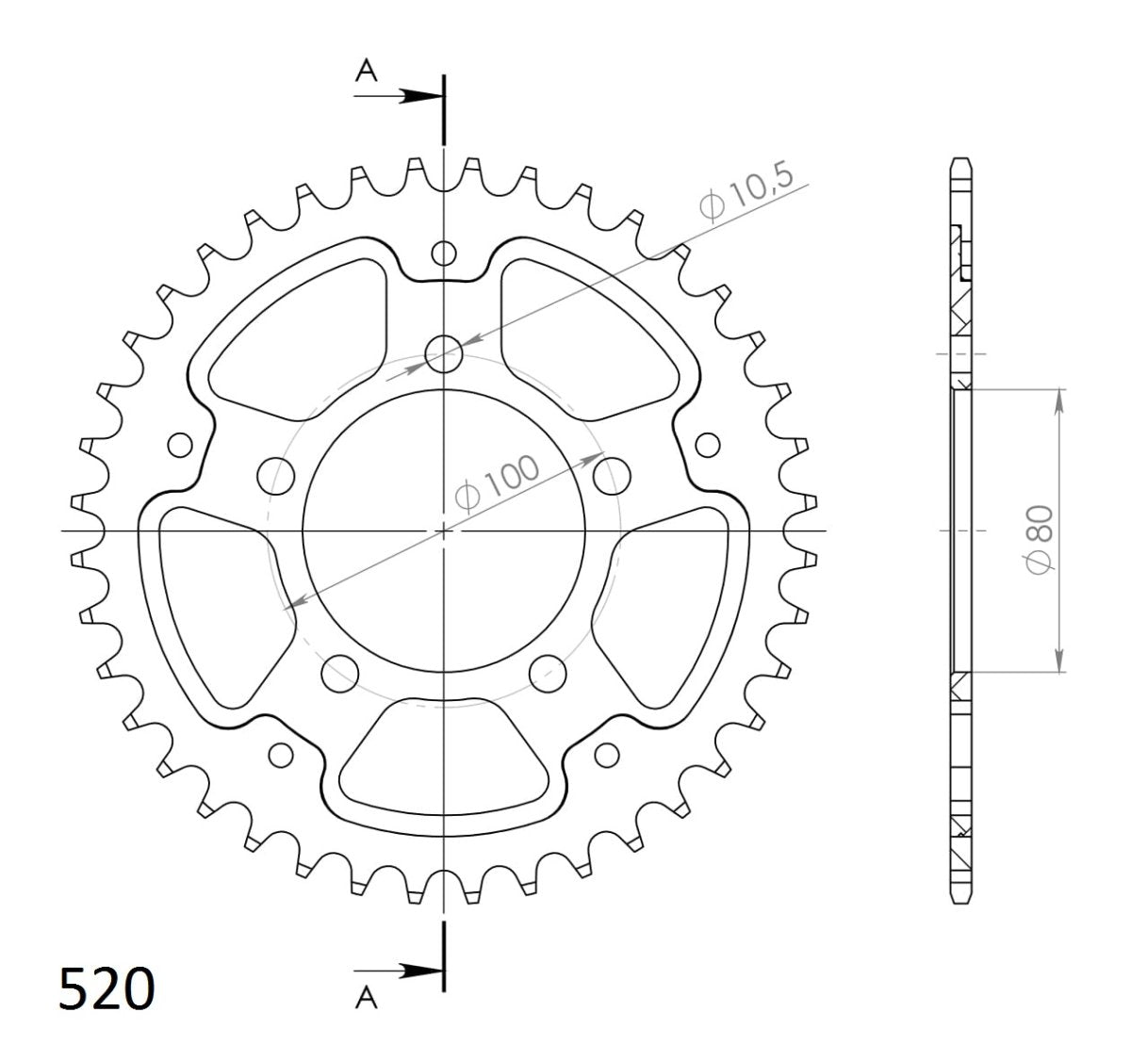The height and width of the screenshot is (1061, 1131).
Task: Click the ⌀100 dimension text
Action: pyautogui.click(x=497, y=481)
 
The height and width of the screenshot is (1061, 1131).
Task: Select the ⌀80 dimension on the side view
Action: pyautogui.click(x=1037, y=536)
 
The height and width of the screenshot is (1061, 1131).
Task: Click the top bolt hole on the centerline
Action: pyautogui.click(x=443, y=355)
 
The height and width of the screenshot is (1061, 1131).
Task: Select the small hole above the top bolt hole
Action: pyautogui.click(x=443, y=253)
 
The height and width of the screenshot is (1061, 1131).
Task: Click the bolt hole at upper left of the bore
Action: pyautogui.click(x=275, y=474)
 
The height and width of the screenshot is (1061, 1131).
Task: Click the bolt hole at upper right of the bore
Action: pyautogui.click(x=613, y=472)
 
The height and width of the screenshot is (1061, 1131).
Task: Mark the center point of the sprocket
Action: pyautogui.click(x=444, y=531)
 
